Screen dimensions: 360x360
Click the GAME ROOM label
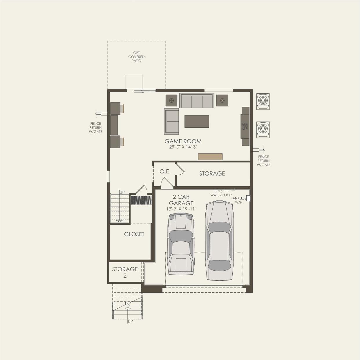(183, 141)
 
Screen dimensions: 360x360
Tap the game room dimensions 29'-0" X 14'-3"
(183, 147)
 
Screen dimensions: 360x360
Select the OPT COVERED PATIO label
(136, 57)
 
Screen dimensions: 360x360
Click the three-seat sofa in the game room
(197, 101)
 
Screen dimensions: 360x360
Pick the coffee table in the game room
(197, 121)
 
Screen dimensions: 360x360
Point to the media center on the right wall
(245, 126)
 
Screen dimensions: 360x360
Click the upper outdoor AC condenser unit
(263, 101)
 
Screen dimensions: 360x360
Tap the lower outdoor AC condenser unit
(263, 129)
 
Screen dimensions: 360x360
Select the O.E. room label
(165, 171)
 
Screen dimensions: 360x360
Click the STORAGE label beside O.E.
(212, 173)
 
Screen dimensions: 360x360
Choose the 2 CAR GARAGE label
(181, 200)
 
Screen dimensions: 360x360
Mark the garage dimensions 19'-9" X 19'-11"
(181, 209)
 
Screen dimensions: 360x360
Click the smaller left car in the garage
(181, 244)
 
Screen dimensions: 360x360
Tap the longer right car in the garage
(220, 240)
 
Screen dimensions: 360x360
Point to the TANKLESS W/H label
(238, 200)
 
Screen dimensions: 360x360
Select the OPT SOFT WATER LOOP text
(221, 193)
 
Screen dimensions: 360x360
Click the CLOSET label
(134, 234)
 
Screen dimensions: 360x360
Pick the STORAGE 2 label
(125, 272)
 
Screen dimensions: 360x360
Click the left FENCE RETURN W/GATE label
(96, 128)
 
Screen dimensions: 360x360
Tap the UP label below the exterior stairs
(130, 321)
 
